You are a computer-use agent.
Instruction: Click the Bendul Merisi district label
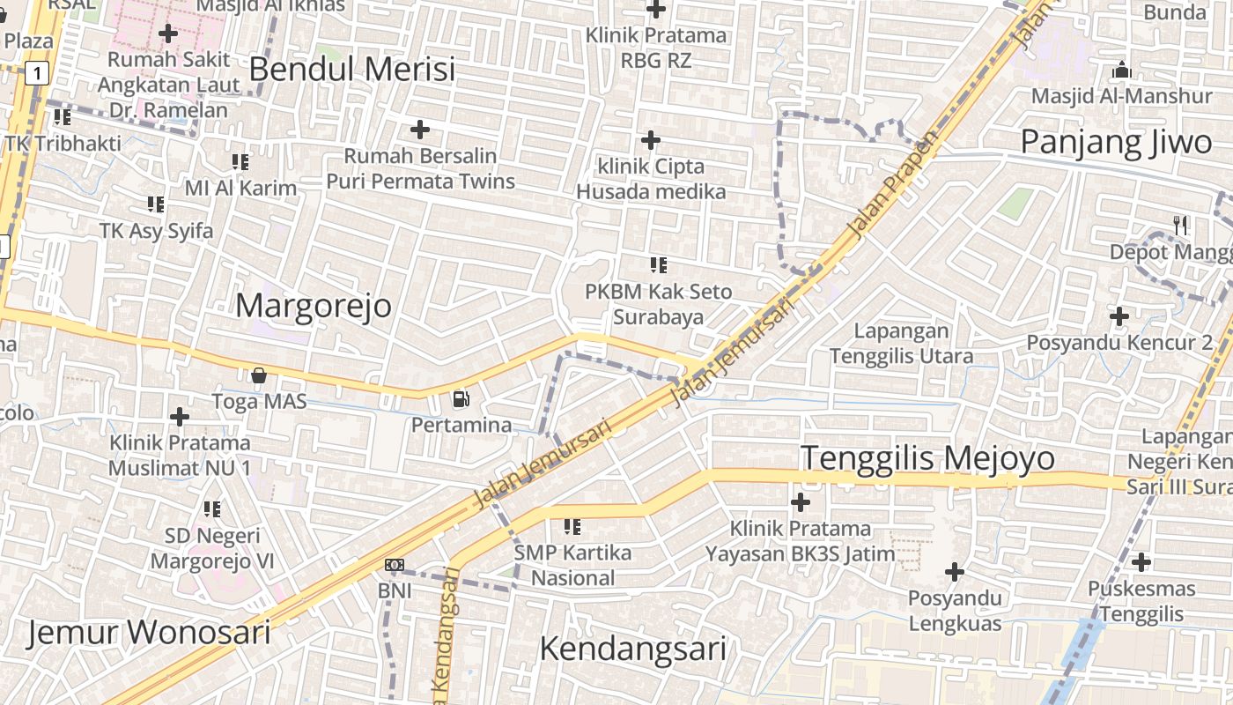point(352,69)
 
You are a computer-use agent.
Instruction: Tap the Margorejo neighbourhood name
point(314,305)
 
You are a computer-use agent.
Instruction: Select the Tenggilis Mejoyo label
point(927,458)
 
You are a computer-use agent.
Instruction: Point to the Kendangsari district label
point(632,649)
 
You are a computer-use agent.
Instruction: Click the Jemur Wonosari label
point(148,632)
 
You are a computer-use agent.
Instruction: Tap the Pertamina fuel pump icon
point(461,399)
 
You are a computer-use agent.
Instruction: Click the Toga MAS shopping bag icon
point(259,376)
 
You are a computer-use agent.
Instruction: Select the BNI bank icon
point(395,564)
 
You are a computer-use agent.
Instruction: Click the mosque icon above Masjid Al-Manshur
point(1122,69)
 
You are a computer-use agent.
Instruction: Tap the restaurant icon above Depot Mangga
point(1181,226)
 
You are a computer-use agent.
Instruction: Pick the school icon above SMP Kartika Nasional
point(572,527)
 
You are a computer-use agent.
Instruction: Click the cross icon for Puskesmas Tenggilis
point(1141,561)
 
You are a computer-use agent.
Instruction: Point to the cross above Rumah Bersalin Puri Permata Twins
point(420,130)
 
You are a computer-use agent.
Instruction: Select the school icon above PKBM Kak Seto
point(658,264)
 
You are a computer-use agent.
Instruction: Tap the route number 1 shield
point(36,73)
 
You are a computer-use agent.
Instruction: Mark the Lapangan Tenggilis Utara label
point(901,344)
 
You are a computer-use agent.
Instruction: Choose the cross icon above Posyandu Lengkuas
point(955,572)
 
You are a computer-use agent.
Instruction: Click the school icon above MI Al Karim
point(240,162)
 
